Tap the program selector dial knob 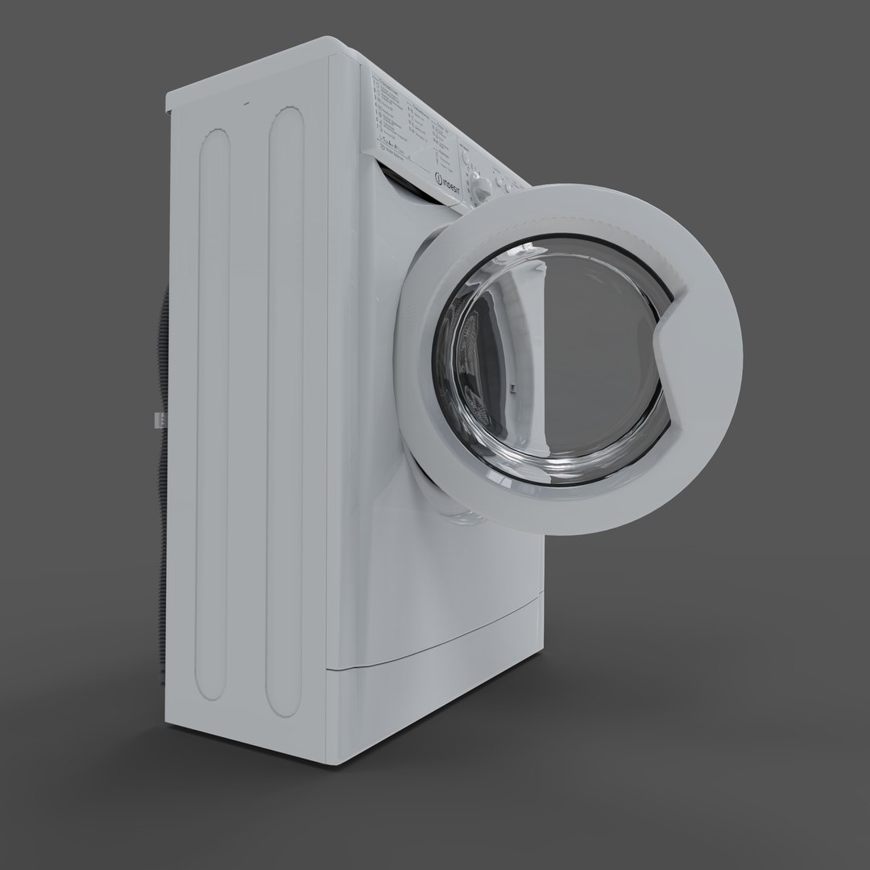pos(483,187)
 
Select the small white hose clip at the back pos(158,420)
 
